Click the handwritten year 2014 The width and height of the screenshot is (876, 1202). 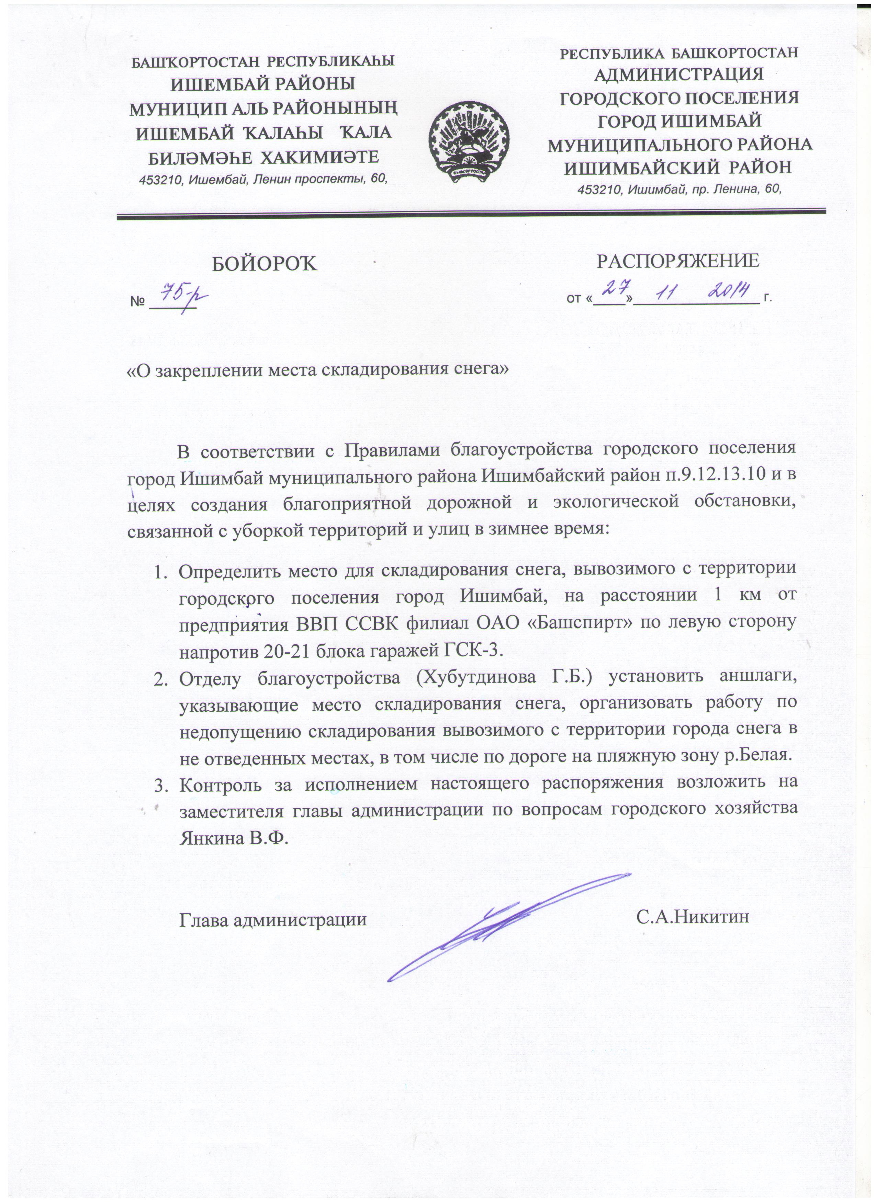(x=729, y=290)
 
